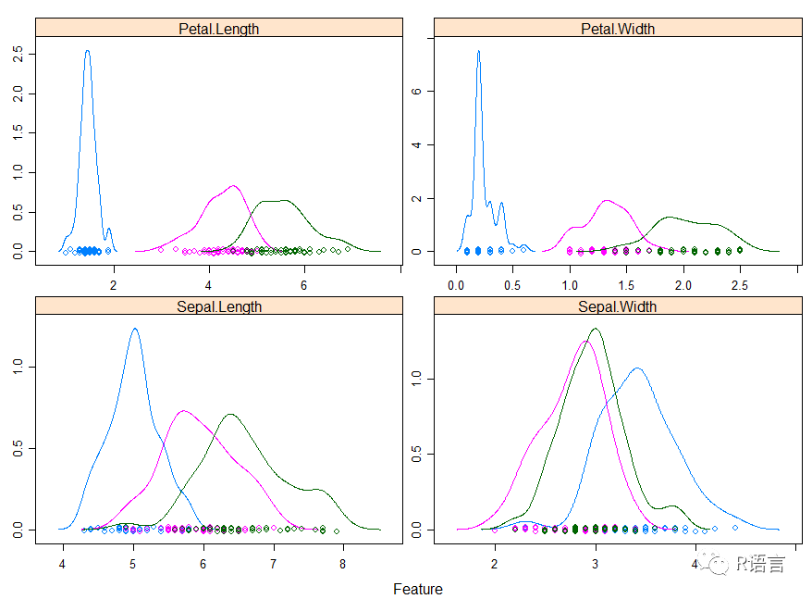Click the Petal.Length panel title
point(218,29)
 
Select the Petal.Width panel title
point(617,29)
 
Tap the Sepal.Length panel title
point(218,306)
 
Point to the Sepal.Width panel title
point(617,306)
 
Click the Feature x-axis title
point(418,590)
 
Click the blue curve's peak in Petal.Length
point(87,51)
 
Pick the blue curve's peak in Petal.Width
point(478,51)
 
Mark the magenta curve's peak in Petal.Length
point(233,186)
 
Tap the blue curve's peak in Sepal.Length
point(135,329)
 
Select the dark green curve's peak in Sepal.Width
point(595,329)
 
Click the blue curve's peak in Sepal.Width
point(637,368)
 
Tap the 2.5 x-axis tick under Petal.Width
point(740,287)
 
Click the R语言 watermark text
point(760,564)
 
